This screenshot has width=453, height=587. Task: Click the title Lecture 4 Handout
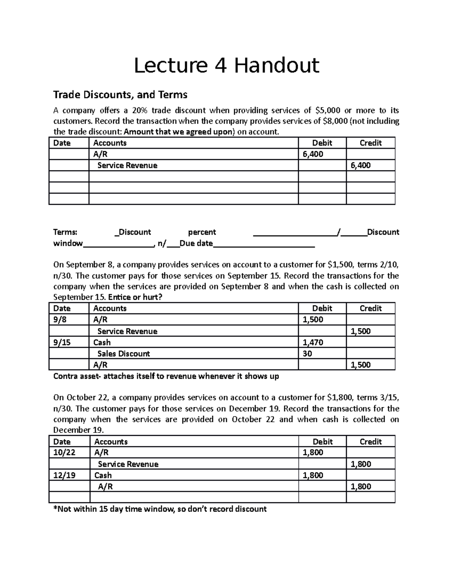pos(226,65)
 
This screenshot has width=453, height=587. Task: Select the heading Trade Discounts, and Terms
pos(120,94)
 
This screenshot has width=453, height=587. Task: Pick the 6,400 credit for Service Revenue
pos(361,165)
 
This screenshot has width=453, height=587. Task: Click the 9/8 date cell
pos(60,320)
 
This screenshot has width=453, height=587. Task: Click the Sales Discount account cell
pos(123,354)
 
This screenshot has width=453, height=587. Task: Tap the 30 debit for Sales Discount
pos(307,354)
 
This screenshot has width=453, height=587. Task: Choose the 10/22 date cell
pos(64,453)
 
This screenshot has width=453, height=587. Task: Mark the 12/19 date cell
pos(64,475)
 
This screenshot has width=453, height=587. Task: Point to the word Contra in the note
pos(65,376)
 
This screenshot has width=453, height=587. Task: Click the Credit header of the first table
pos(370,143)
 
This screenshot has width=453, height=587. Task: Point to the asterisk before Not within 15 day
pos(55,508)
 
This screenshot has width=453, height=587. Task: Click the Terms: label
pos(65,232)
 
